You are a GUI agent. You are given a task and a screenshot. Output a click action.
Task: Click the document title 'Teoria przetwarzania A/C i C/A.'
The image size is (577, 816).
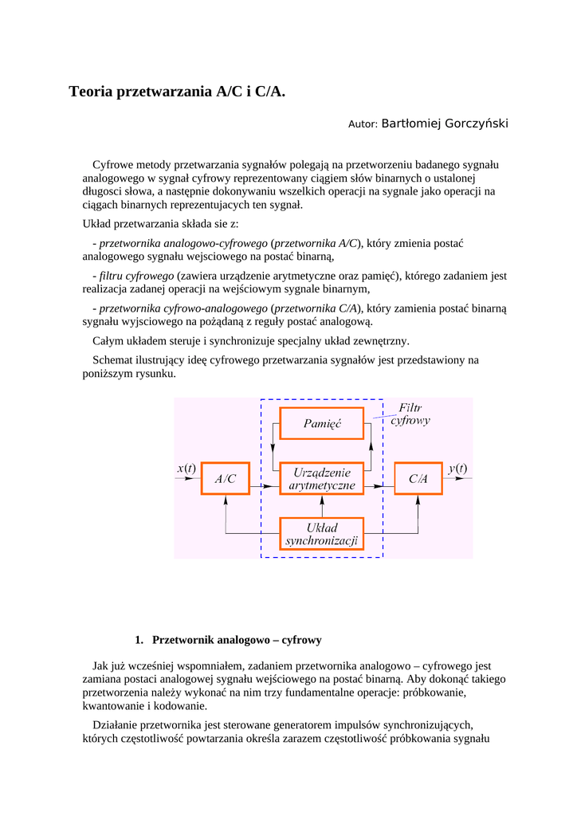[x=177, y=92]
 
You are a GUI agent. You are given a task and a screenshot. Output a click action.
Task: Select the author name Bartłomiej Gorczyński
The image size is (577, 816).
[x=445, y=124]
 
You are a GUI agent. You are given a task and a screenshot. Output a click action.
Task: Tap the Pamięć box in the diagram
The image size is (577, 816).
[x=322, y=424]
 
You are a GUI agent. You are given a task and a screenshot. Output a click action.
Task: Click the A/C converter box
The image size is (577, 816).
[x=226, y=479]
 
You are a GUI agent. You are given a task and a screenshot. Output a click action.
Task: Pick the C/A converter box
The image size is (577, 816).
[x=418, y=479]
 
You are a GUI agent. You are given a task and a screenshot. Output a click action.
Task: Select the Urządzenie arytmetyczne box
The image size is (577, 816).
[x=322, y=478]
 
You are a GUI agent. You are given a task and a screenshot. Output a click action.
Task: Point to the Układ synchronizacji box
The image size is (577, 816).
[x=322, y=534]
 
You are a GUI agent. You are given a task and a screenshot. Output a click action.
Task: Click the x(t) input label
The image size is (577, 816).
[x=186, y=469]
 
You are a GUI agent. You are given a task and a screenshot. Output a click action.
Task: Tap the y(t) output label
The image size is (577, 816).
[x=457, y=469]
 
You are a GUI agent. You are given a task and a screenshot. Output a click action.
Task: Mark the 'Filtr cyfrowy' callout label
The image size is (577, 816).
[x=410, y=414]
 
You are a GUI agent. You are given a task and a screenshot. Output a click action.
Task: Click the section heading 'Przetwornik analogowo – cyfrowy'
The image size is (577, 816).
[x=237, y=640]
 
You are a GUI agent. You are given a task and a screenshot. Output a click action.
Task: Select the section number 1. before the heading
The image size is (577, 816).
[x=139, y=640]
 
